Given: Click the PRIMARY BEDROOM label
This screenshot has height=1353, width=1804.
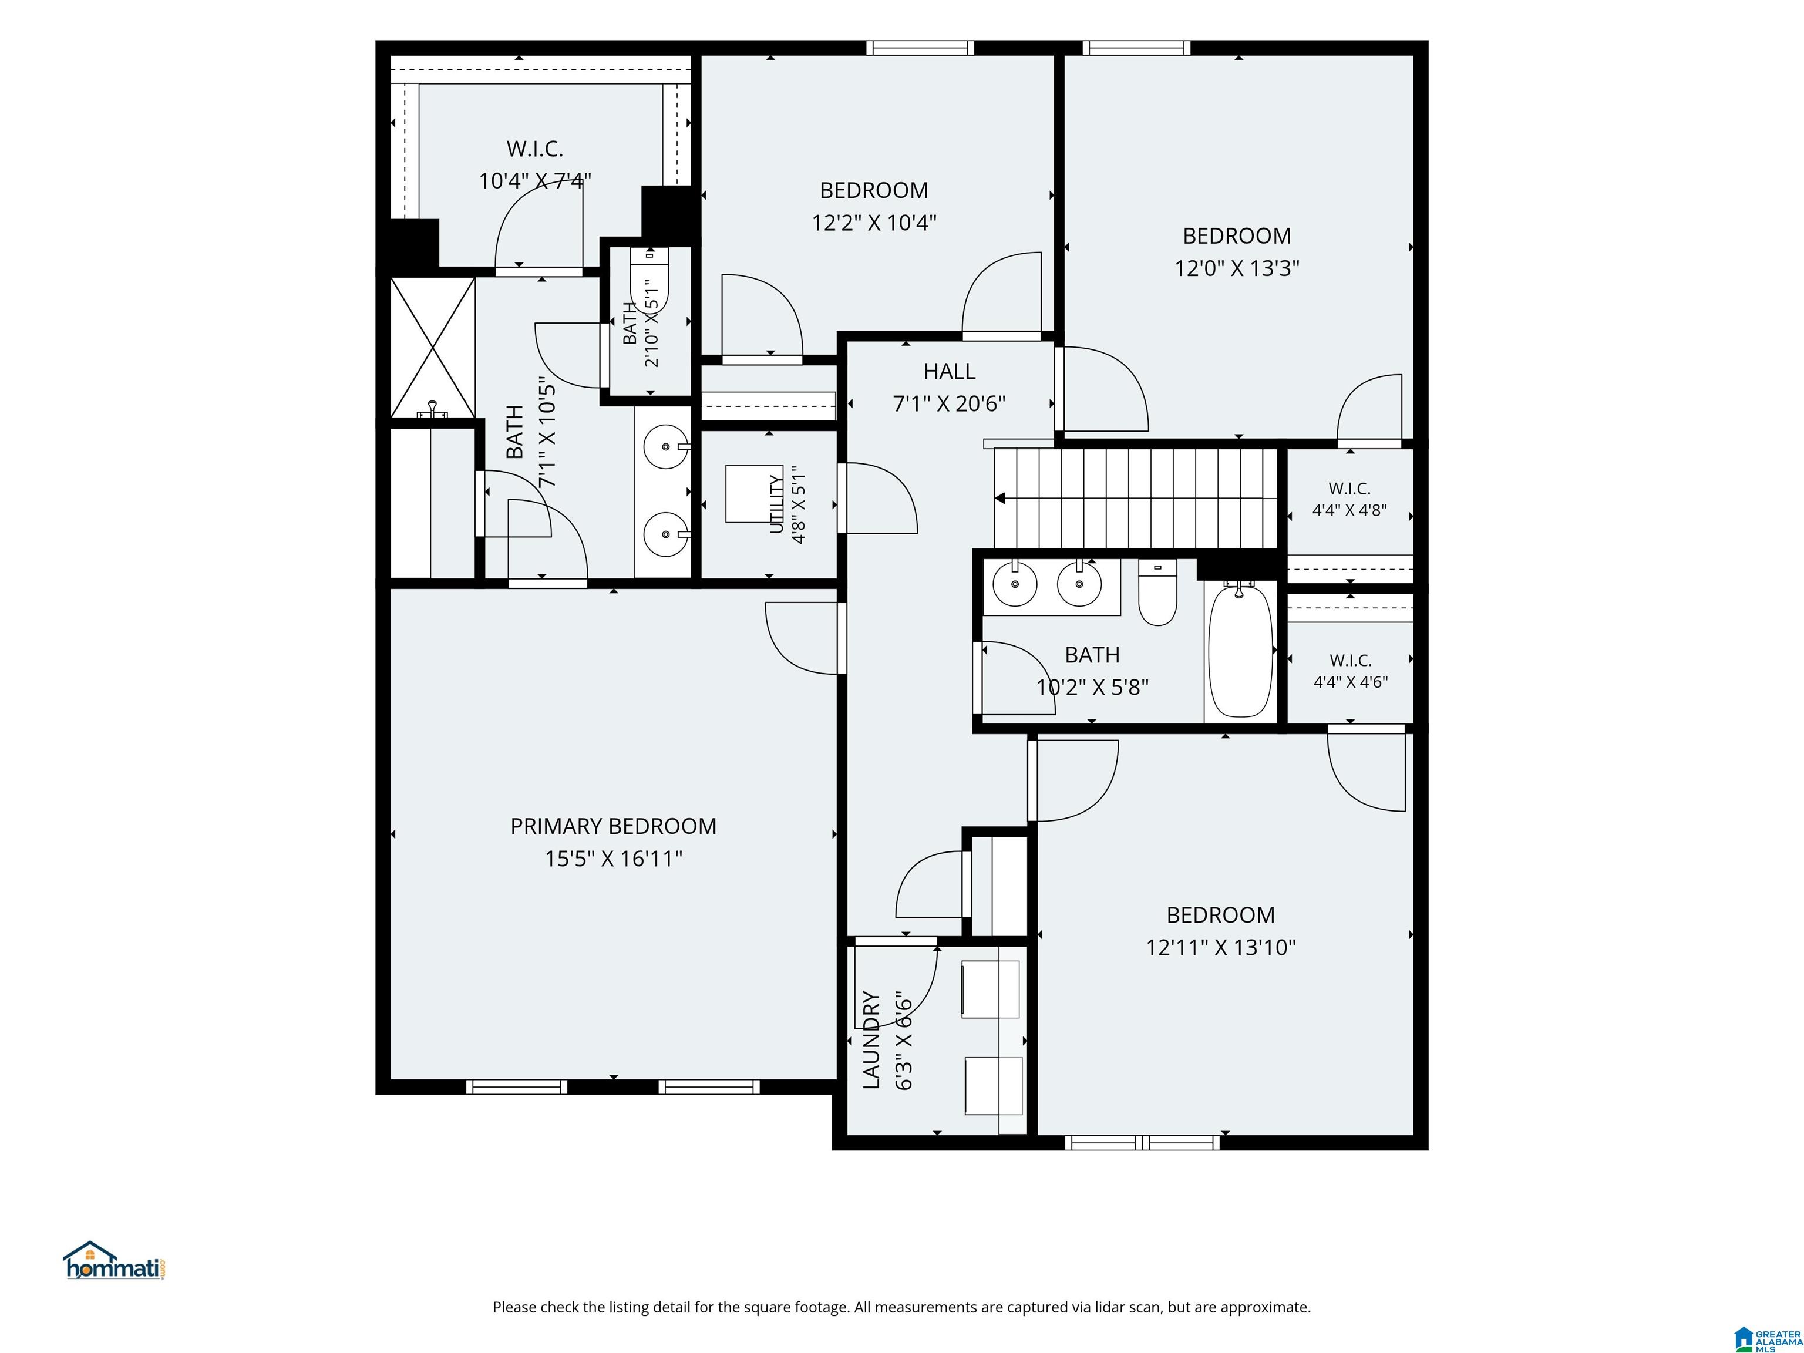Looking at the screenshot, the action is coord(613,826).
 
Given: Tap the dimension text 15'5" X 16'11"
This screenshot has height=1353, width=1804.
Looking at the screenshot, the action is coord(613,859).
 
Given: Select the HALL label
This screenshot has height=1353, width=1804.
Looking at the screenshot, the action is coord(950,372).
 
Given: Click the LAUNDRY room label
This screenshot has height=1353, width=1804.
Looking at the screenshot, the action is coord(871,1040).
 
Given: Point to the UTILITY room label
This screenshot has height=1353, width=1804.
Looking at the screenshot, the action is coord(776,505).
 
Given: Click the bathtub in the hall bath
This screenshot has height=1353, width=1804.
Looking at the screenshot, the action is coord(1240,650).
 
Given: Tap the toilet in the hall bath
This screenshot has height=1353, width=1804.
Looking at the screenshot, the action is coord(1157,593).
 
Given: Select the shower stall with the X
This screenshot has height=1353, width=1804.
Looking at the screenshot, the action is coord(432,348).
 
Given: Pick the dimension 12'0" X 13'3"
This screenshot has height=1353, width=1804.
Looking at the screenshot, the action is coord(1236,268).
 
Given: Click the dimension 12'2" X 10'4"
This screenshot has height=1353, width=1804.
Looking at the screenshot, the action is coord(873,223).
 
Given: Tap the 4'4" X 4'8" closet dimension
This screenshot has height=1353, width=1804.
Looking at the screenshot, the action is coord(1349,510).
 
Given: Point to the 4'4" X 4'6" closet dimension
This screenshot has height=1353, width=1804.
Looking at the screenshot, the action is coord(1351,682).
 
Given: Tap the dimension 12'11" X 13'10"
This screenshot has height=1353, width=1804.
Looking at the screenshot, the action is coord(1220,948).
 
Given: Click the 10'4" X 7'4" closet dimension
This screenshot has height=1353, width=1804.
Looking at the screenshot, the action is coord(535,180).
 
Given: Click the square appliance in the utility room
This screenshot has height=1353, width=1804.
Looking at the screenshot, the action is coord(755,493).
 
